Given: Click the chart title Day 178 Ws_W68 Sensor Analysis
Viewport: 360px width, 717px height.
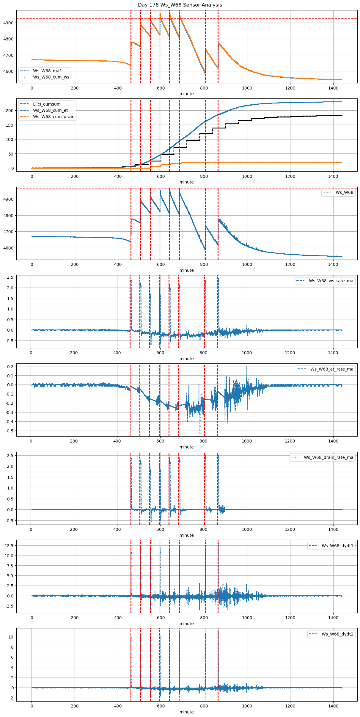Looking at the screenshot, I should tap(180, 5).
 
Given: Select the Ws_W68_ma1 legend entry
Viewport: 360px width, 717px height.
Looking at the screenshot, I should tap(47, 71).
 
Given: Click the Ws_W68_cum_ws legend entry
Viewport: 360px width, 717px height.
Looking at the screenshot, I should tap(51, 77).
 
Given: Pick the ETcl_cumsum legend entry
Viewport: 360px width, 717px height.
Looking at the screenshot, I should tap(47, 104).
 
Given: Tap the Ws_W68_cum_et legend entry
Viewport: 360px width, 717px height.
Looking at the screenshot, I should tap(50, 110).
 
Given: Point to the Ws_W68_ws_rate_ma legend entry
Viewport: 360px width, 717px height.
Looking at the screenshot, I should tap(331, 281).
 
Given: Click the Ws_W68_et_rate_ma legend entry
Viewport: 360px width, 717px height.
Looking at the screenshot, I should tap(332, 369).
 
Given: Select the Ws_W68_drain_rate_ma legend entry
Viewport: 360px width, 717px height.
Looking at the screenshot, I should tap(328, 457).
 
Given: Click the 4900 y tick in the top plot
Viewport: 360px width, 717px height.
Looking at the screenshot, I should tap(8, 23).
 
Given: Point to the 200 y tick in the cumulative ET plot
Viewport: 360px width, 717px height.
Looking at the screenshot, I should tap(10, 111).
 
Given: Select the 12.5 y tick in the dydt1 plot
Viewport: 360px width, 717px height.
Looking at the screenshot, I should tap(8, 546).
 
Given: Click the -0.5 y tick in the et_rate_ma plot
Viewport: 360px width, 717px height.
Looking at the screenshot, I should tap(9, 431).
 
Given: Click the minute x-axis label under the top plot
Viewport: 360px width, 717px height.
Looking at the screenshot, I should tap(186, 94).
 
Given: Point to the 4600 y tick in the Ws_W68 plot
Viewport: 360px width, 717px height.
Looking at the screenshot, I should tap(8, 248).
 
